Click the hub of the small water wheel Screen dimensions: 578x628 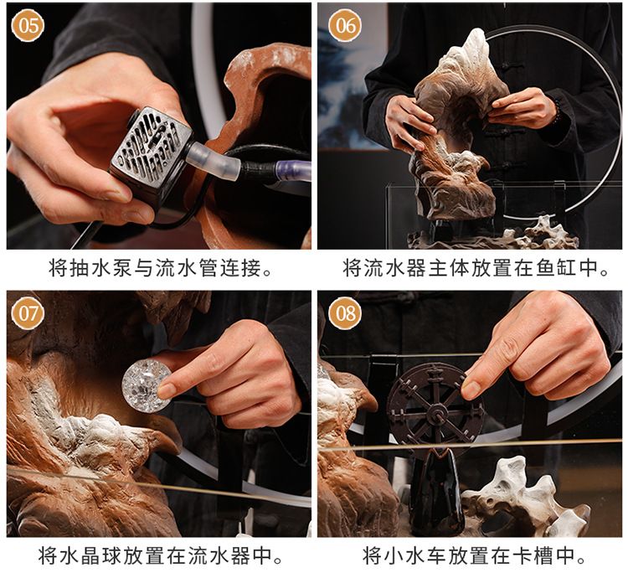coord(435,411)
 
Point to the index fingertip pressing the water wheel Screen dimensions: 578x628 coord(474,389)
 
